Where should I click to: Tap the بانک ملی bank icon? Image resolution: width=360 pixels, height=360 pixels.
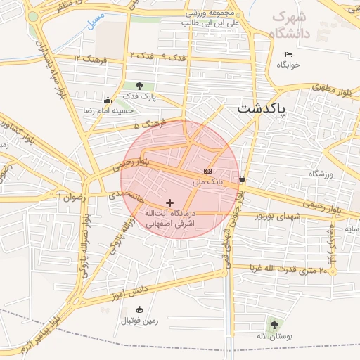pyautogui.click(x=207, y=171)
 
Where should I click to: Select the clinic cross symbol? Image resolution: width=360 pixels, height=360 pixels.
pyautogui.click(x=169, y=202)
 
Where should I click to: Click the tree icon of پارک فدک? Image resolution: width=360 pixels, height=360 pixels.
pyautogui.click(x=139, y=86)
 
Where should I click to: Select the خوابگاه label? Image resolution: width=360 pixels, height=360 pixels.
pyautogui.click(x=288, y=65)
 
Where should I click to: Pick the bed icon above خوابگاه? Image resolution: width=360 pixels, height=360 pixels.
pyautogui.click(x=288, y=54)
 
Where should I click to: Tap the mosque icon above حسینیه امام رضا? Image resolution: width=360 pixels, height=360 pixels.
pyautogui.click(x=107, y=100)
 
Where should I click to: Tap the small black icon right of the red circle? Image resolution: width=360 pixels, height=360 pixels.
pyautogui.click(x=243, y=179)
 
